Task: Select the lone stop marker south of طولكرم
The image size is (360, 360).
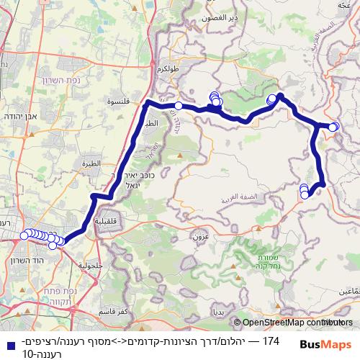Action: coord(179,107)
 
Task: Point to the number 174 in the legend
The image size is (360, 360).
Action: coord(271,340)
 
